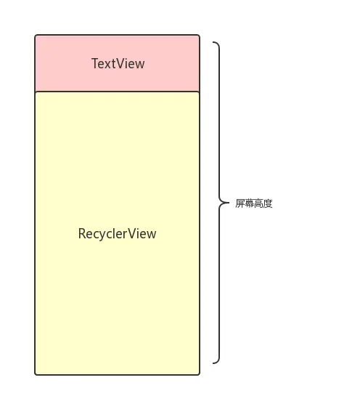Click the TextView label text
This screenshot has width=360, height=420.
point(118,64)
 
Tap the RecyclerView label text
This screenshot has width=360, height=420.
point(117,234)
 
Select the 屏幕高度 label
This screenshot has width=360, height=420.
point(254,203)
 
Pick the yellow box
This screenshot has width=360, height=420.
point(117,305)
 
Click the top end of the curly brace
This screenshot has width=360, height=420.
point(213,42)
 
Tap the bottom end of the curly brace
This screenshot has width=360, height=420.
point(213,363)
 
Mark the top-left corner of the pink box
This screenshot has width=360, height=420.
point(36,35)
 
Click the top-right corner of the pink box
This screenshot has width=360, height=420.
point(199,35)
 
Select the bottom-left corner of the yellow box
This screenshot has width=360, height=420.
point(36,374)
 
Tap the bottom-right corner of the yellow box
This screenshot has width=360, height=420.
point(199,374)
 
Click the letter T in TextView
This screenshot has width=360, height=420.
point(95,64)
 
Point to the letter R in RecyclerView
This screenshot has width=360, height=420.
point(82,234)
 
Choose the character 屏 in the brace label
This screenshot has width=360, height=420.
point(240,203)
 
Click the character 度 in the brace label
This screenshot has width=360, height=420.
point(268,203)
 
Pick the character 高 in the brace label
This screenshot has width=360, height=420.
point(258,203)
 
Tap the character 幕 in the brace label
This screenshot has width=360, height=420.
point(250,203)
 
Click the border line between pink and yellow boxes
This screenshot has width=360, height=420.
point(117,92)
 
